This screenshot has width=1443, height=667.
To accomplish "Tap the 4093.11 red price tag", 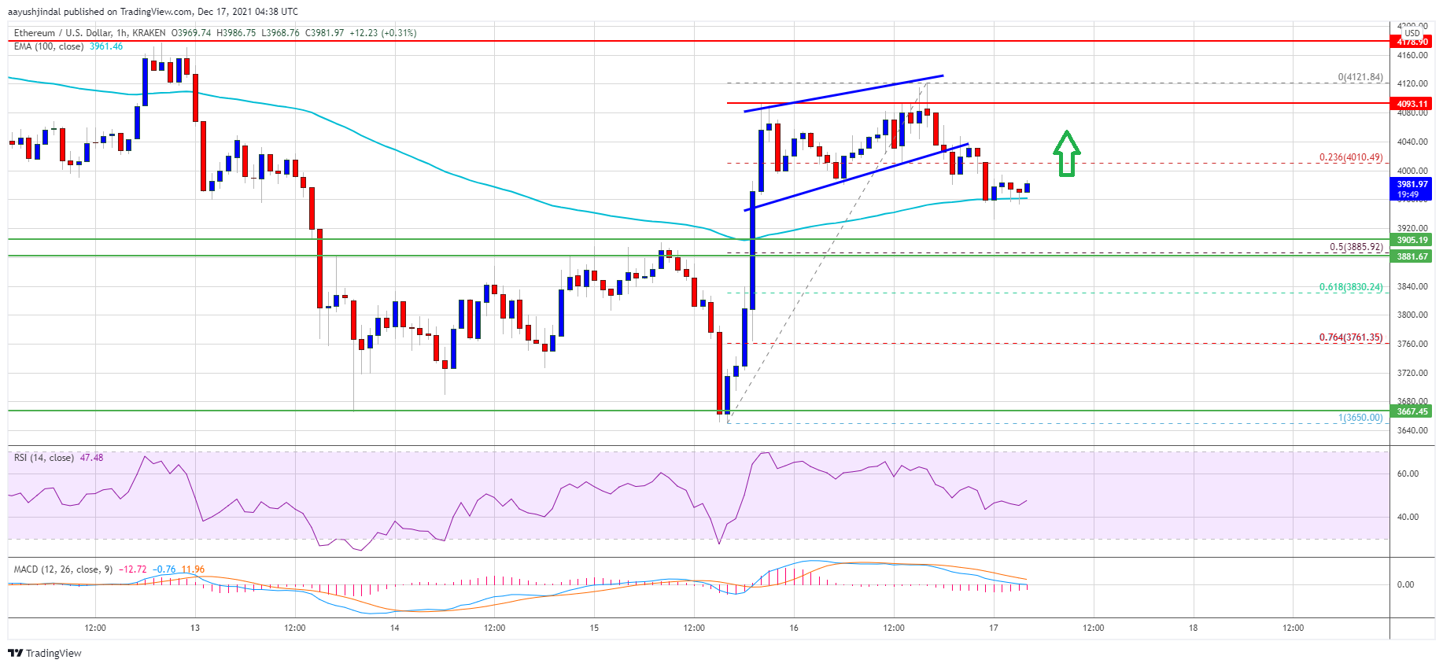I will click(x=1412, y=104).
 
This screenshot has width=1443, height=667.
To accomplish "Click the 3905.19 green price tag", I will click(x=1412, y=240).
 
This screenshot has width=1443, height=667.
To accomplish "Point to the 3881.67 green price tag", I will click(x=1412, y=256).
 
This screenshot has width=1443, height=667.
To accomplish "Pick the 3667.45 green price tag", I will click(x=1412, y=411).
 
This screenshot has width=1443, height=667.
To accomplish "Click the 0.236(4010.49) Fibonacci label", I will click(x=1350, y=157).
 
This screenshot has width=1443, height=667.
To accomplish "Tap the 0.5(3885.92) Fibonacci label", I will click(x=1356, y=247).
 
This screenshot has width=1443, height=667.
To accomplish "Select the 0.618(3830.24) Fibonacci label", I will click(x=1350, y=287).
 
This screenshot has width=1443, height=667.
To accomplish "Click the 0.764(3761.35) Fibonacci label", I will click(x=1350, y=337).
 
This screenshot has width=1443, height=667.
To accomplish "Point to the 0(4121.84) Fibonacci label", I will click(x=1360, y=77).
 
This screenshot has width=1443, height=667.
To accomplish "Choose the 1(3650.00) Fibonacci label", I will click(x=1360, y=418).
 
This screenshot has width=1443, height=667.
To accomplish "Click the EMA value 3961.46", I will click(x=106, y=46).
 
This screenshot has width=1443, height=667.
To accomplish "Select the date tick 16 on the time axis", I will click(x=794, y=628).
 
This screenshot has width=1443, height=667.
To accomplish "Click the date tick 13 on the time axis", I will click(x=195, y=628).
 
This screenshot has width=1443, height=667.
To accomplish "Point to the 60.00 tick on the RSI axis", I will click(x=1408, y=474).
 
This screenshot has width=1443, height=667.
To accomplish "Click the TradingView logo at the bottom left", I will click(x=45, y=653).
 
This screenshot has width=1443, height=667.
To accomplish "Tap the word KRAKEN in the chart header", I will click(x=149, y=33).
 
